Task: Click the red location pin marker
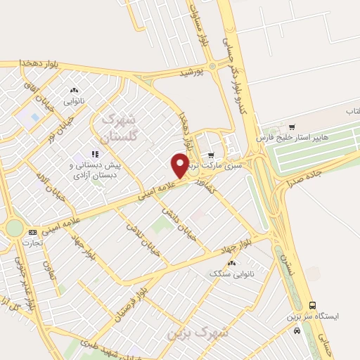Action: [180, 165]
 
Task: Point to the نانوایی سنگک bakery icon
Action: [231, 262]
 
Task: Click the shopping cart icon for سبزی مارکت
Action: [211, 155]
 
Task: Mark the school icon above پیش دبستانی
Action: [94, 154]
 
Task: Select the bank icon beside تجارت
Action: [32, 232]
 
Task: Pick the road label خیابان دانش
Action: [178, 219]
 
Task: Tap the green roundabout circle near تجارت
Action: [13, 228]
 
